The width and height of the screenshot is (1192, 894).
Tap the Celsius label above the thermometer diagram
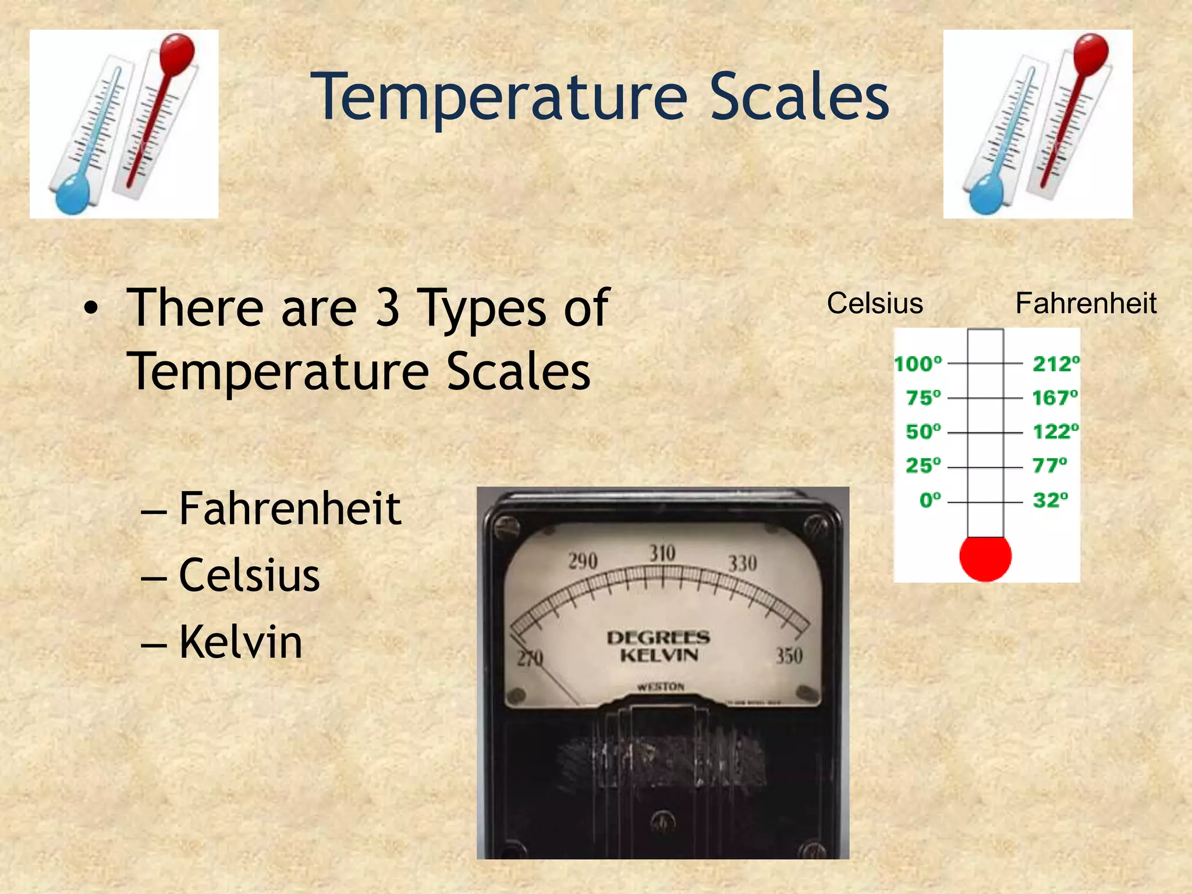click(875, 304)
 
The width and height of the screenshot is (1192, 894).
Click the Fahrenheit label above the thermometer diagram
click(1085, 304)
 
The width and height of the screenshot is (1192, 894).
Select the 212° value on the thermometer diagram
click(1055, 364)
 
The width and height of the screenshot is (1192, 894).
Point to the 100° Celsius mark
click(918, 364)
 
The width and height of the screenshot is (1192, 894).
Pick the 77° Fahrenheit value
click(1049, 466)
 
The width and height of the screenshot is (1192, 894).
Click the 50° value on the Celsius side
click(923, 432)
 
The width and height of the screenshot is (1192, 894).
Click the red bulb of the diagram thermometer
click(985, 558)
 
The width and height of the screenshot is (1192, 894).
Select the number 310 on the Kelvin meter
click(662, 553)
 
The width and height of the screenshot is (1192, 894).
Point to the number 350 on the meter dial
click(789, 656)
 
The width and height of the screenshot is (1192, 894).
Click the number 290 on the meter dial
click(583, 561)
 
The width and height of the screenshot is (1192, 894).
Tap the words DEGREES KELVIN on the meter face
click(658, 646)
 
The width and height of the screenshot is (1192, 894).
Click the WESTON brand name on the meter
click(661, 687)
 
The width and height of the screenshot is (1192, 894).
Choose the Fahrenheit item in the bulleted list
click(290, 508)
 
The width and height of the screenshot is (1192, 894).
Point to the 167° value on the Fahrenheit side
click(1055, 398)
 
